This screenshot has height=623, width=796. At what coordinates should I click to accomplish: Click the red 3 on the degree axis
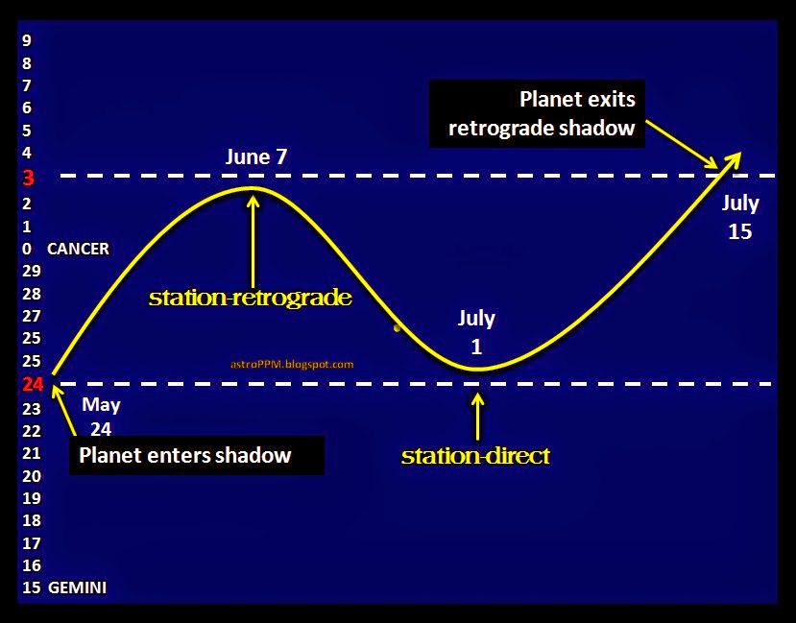[x=27, y=178]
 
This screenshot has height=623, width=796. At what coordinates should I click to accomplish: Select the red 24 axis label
[x=32, y=385]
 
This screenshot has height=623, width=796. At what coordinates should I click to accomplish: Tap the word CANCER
[x=78, y=249]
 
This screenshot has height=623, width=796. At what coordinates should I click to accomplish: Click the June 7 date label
[x=256, y=157]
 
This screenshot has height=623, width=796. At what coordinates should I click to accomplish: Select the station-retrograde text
[x=250, y=298]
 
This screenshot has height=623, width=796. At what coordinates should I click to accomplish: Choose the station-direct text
[x=475, y=455]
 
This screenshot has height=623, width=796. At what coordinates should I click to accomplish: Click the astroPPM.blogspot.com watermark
[x=293, y=365]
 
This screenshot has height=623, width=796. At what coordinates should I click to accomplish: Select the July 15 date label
[x=739, y=217]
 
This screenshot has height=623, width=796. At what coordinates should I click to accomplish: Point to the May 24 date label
[x=101, y=417]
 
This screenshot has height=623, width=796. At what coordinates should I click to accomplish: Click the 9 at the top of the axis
[x=27, y=40]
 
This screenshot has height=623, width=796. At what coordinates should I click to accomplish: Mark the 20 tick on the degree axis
[x=32, y=476]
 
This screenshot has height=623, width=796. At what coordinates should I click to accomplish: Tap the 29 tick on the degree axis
[x=32, y=272]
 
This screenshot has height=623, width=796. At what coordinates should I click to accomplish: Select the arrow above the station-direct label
[x=477, y=414]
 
